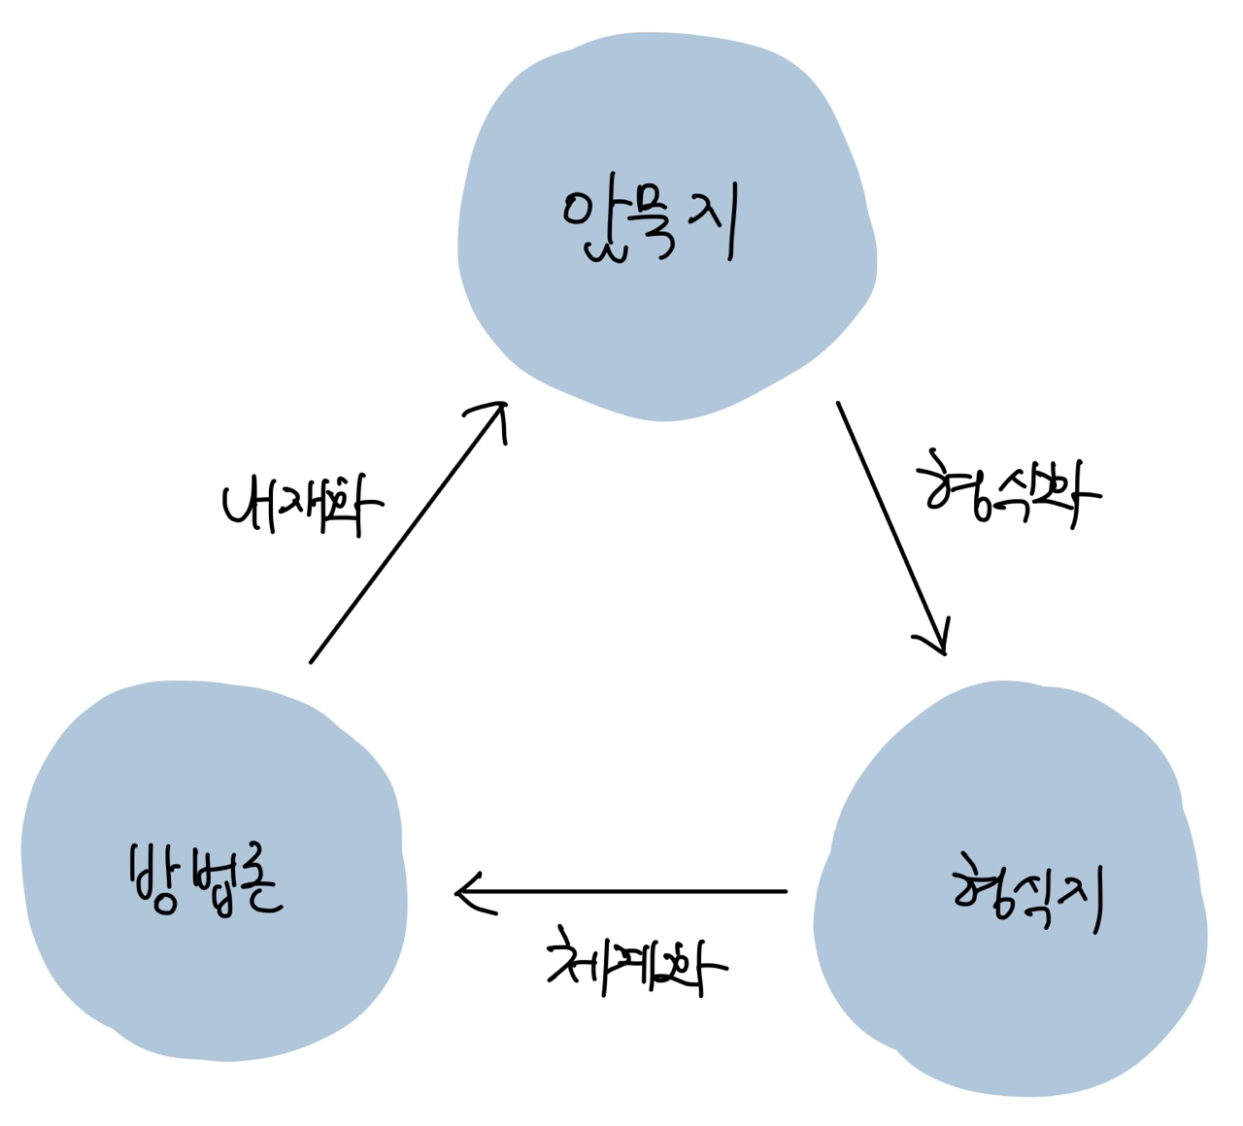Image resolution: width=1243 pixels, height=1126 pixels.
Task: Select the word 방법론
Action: (x=204, y=878)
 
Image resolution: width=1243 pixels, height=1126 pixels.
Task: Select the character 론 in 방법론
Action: (x=256, y=883)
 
